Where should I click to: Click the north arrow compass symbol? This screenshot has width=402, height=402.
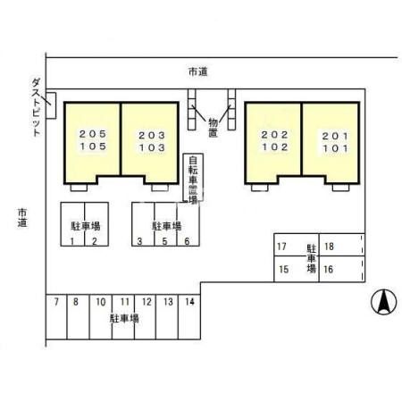click(381, 302)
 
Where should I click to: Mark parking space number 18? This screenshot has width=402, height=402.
click(330, 247)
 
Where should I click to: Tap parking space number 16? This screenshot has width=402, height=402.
click(330, 268)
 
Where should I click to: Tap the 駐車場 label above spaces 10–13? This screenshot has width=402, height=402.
click(123, 317)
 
